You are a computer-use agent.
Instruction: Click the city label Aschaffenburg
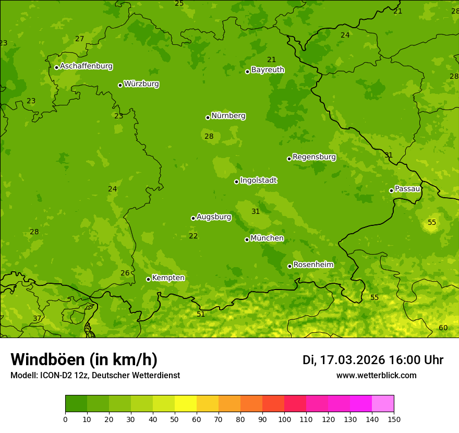pos(86,66)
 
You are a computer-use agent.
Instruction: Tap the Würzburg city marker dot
pos(120,85)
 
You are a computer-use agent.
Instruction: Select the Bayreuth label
pos(268,69)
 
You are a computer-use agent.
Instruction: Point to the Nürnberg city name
pos(228,116)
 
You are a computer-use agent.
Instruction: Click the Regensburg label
pos(314,157)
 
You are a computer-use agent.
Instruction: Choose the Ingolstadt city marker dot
pos(236,182)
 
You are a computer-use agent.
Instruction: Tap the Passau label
pos(407,189)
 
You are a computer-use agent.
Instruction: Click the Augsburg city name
pos(214,216)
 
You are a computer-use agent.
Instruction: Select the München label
pos(267,238)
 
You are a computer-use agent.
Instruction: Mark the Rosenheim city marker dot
pos(289,266)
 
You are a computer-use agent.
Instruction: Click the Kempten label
pos(168,278)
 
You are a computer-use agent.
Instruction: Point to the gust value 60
pos(443,328)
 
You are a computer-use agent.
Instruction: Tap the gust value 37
pos(37,318)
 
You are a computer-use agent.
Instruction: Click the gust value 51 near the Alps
pos(201,314)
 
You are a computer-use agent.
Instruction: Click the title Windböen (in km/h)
pos(84,359)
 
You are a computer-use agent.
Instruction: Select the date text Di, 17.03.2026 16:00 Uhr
pos(373,360)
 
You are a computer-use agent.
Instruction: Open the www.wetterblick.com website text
pos(376,375)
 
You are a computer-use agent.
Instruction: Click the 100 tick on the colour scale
pos(284,419)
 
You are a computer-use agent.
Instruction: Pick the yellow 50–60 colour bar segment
pos(185,404)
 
